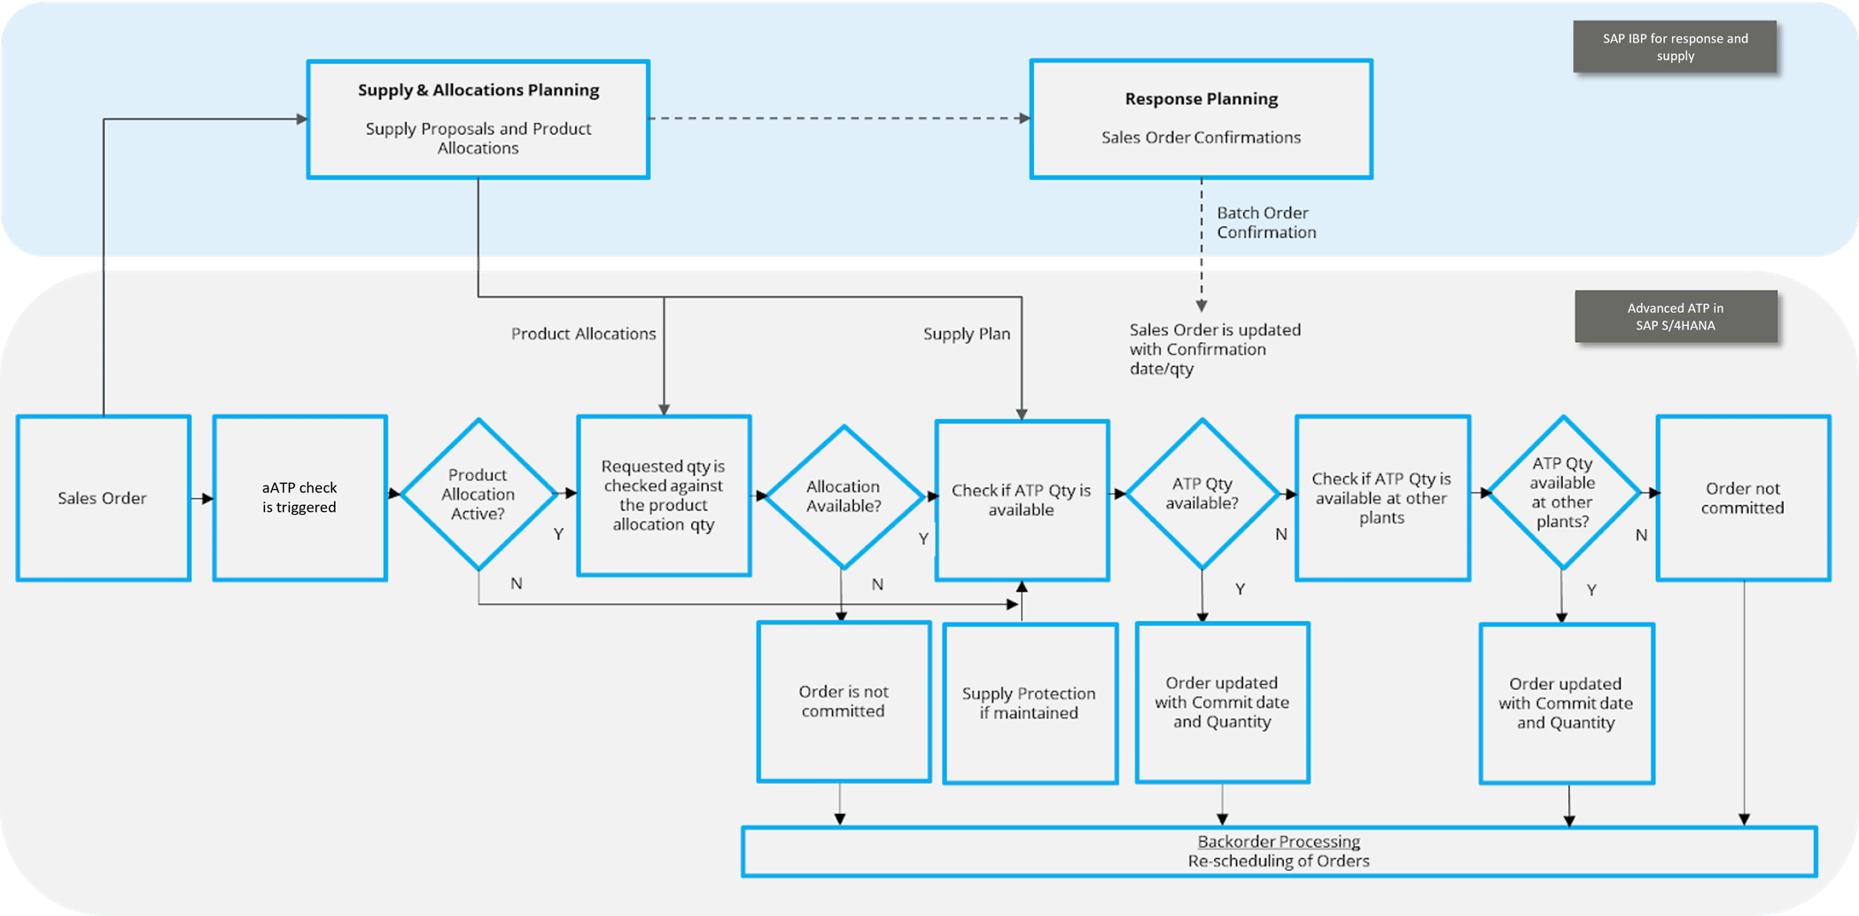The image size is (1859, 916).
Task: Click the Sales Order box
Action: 103,498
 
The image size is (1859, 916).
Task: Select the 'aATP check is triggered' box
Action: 299,498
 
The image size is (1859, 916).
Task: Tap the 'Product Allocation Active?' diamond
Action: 478,494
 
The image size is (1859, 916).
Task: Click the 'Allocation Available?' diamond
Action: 844,496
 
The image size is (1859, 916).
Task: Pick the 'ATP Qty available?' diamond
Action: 1202,494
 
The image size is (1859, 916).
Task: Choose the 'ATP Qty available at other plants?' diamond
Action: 1562,493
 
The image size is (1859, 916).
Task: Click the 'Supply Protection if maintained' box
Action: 1030,703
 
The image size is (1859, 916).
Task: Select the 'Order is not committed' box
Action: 844,702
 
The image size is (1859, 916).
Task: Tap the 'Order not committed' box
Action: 1743,498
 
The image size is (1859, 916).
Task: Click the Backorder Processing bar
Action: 1279,851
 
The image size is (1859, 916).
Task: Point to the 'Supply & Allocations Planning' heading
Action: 478,90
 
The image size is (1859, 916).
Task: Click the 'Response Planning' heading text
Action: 1201,99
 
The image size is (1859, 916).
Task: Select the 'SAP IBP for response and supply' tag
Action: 1675,47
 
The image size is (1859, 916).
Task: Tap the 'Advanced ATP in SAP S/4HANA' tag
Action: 1675,316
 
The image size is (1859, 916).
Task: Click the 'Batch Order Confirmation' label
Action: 1265,222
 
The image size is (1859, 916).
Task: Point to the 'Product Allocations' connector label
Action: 583,334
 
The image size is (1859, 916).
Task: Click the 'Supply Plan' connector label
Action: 966,334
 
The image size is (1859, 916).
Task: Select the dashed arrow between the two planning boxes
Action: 838,118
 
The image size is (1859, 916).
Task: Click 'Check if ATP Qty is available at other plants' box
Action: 1381,498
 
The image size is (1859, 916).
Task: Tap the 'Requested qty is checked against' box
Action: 664,495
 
